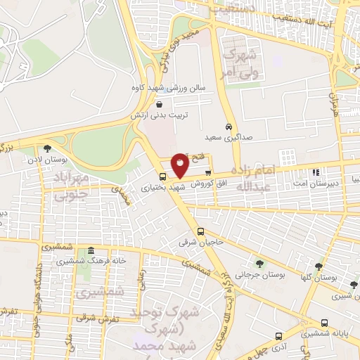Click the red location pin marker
click(180, 165)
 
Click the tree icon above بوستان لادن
click(46, 148)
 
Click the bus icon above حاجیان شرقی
click(200, 231)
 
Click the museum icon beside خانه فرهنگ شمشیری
click(90, 250)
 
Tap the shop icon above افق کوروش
click(207, 172)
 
